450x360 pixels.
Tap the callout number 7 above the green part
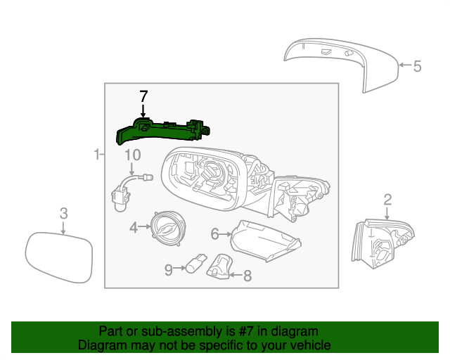pyautogui.click(x=143, y=96)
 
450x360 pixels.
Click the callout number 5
pyautogui.click(x=417, y=67)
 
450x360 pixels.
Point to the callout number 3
pyautogui.click(x=63, y=213)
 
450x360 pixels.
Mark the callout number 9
pyautogui.click(x=169, y=269)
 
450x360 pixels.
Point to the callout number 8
pyautogui.click(x=247, y=276)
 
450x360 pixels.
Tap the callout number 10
pyautogui.click(x=132, y=155)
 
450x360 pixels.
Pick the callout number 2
pyautogui.click(x=387, y=200)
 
